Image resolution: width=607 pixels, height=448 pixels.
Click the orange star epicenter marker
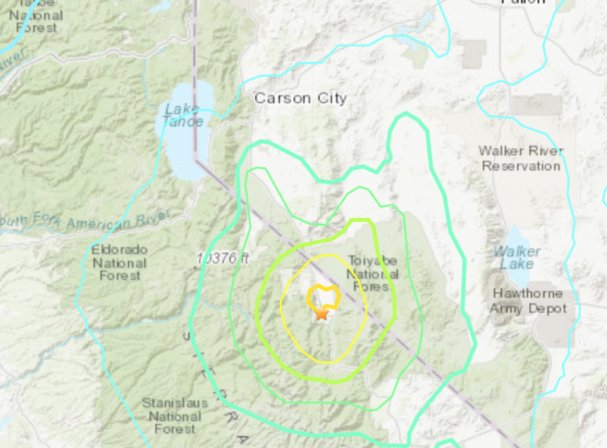322,312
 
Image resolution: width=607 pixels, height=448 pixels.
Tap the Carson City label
300,99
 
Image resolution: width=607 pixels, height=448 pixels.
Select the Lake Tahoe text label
184,115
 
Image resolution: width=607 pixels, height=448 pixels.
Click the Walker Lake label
518,258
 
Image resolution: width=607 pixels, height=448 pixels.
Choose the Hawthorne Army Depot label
528,301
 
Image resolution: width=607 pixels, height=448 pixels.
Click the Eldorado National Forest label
120,262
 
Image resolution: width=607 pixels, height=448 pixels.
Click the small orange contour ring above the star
322,295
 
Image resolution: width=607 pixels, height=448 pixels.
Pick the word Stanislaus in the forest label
175,403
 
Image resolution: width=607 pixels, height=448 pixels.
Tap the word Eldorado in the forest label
120,249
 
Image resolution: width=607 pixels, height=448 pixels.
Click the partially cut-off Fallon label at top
523,2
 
